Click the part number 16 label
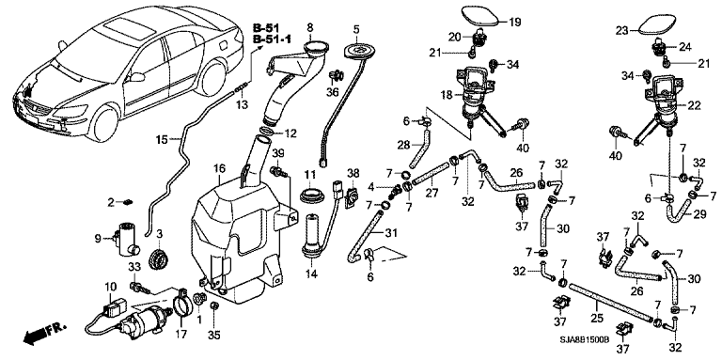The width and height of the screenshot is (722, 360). click(219, 168)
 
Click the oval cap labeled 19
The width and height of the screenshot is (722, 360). click(480, 17)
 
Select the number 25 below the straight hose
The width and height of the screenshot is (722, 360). click(597, 318)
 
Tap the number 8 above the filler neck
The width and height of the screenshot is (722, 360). click(309, 26)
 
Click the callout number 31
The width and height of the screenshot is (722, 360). click(391, 234)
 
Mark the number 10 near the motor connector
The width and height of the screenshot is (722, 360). click(111, 287)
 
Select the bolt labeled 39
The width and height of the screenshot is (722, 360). click(279, 172)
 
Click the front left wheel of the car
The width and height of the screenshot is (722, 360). click(104, 123)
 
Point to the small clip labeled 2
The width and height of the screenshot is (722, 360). click(128, 201)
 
